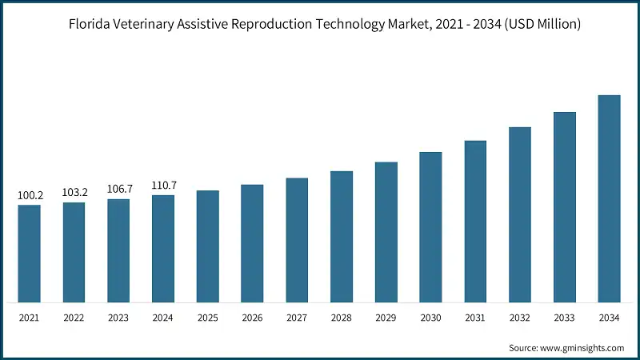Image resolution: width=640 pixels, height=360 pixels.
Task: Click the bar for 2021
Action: [30, 254]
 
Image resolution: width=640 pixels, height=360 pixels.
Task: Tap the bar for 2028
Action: [342, 237]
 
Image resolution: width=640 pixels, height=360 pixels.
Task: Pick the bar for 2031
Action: [475, 222]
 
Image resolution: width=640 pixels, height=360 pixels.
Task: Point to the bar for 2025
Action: [208, 246]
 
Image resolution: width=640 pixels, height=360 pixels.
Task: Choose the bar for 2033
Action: [565, 207]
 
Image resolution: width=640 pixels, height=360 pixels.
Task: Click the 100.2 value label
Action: [30, 195]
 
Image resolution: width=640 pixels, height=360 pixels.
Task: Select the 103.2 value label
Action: [74, 193]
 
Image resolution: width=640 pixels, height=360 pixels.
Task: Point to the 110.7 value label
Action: [163, 186]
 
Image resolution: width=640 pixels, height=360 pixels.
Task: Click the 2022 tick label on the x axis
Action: [74, 318]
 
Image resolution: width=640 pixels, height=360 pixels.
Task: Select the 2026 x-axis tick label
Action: [253, 318]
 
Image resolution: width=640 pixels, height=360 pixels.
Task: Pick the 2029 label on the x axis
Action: [386, 318]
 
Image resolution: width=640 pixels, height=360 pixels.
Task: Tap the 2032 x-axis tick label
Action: [520, 318]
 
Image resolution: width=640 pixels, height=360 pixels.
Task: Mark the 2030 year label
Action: [431, 318]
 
